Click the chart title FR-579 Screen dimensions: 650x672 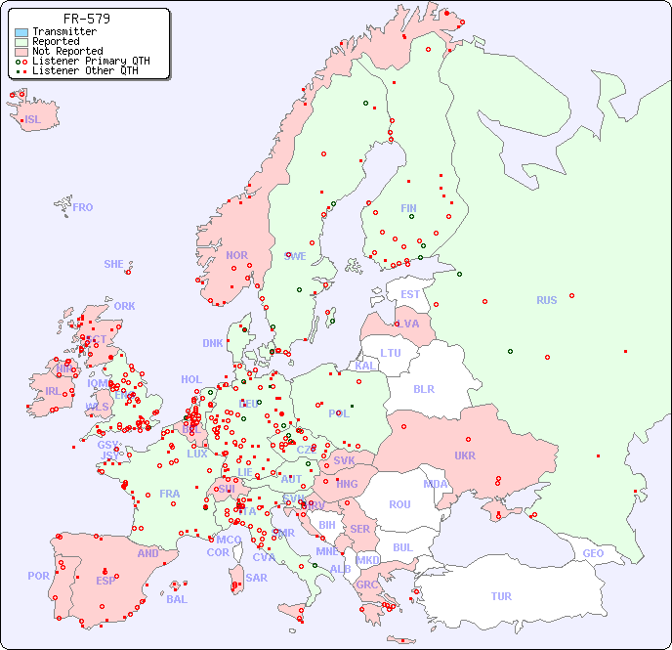(86, 19)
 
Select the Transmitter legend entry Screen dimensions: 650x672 (63, 32)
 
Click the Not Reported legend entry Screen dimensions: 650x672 (66, 52)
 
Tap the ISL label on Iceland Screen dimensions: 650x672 (33, 120)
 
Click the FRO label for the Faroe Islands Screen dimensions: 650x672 (83, 207)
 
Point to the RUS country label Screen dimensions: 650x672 (546, 300)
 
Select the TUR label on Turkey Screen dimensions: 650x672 (501, 596)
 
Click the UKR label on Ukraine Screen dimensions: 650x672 (465, 455)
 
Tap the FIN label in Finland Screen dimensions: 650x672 (408, 208)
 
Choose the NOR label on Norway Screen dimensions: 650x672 (236, 255)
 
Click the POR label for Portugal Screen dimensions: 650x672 (38, 576)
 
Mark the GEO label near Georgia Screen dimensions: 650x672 (593, 553)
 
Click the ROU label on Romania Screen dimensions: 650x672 (399, 504)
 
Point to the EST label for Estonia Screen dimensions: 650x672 (410, 294)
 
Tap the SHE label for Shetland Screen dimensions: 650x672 (113, 264)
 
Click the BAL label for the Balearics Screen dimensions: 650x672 (177, 599)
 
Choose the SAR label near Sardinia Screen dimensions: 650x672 (256, 578)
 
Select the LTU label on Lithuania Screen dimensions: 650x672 (391, 353)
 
